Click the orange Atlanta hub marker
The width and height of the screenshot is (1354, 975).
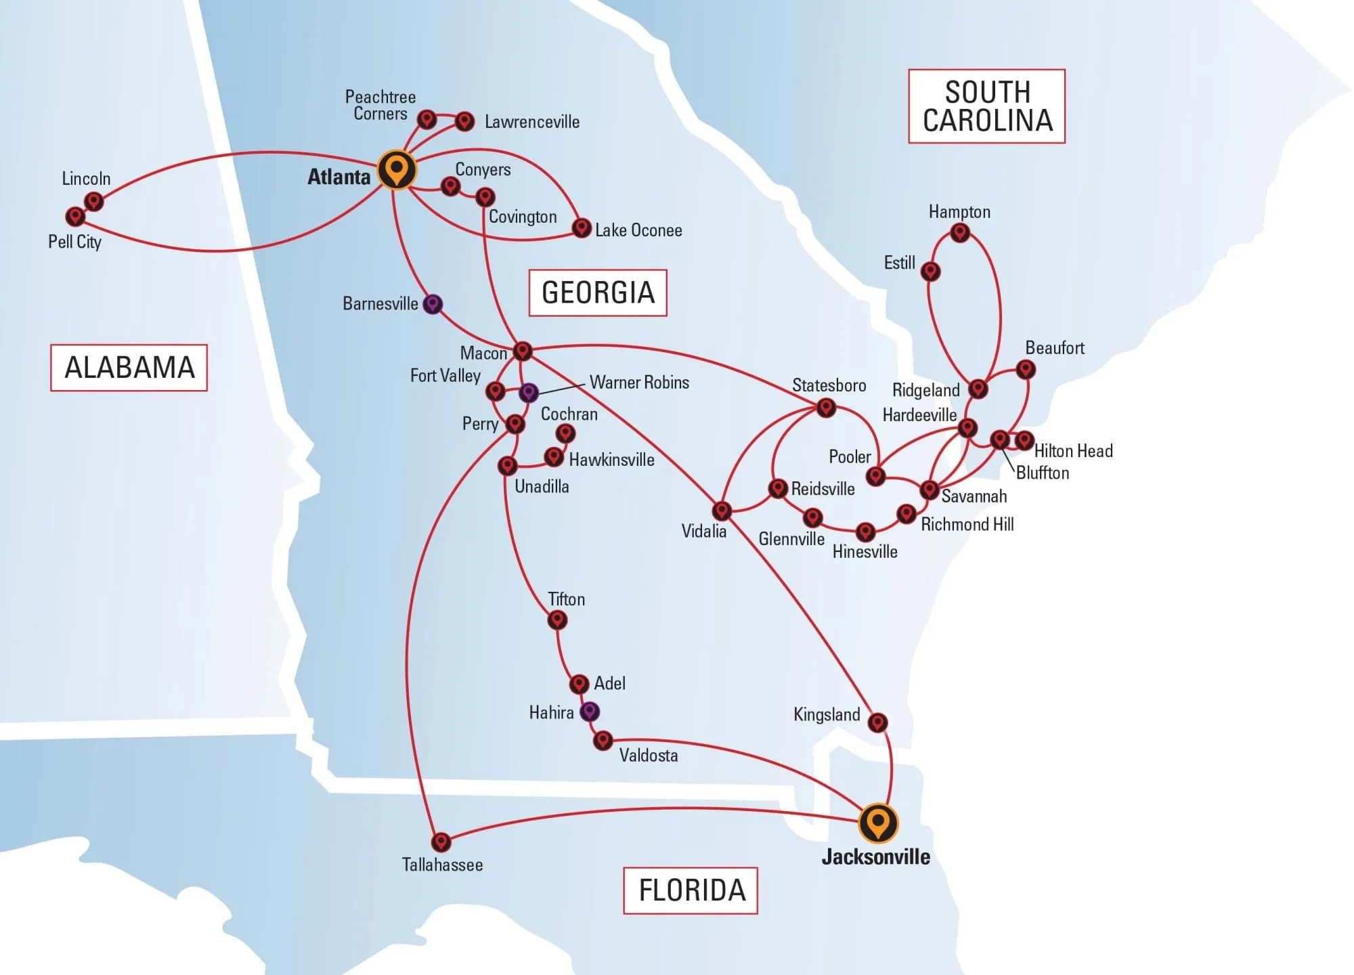pyautogui.click(x=396, y=170)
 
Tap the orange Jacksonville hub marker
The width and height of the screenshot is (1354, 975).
pyautogui.click(x=878, y=823)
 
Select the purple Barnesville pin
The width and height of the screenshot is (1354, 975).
pyautogui.click(x=433, y=304)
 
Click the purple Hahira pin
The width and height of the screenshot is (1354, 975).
pyautogui.click(x=590, y=712)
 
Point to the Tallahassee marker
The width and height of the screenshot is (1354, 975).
pyautogui.click(x=441, y=842)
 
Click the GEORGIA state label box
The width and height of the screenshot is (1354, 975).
pyautogui.click(x=598, y=292)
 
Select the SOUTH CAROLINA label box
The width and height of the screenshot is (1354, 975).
pyautogui.click(x=986, y=106)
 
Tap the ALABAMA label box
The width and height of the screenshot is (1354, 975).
pyautogui.click(x=129, y=368)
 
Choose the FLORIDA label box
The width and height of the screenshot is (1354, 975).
pyautogui.click(x=691, y=890)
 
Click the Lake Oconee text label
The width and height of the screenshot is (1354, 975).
pyautogui.click(x=638, y=230)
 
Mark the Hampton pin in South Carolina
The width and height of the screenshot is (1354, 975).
pyautogui.click(x=960, y=233)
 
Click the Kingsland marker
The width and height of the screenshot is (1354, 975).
pyautogui.click(x=878, y=722)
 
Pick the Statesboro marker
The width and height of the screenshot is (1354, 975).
pyautogui.click(x=826, y=408)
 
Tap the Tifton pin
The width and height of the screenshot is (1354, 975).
pyautogui.click(x=557, y=620)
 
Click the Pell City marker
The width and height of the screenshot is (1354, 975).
pyautogui.click(x=75, y=217)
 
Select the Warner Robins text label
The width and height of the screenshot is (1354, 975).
pyautogui.click(x=639, y=383)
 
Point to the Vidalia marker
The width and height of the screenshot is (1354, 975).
pyautogui.click(x=722, y=511)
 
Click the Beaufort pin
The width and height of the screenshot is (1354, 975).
pyautogui.click(x=1026, y=370)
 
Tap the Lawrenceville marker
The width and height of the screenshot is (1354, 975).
pyautogui.click(x=464, y=121)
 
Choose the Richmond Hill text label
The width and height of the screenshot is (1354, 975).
pyautogui.click(x=967, y=524)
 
